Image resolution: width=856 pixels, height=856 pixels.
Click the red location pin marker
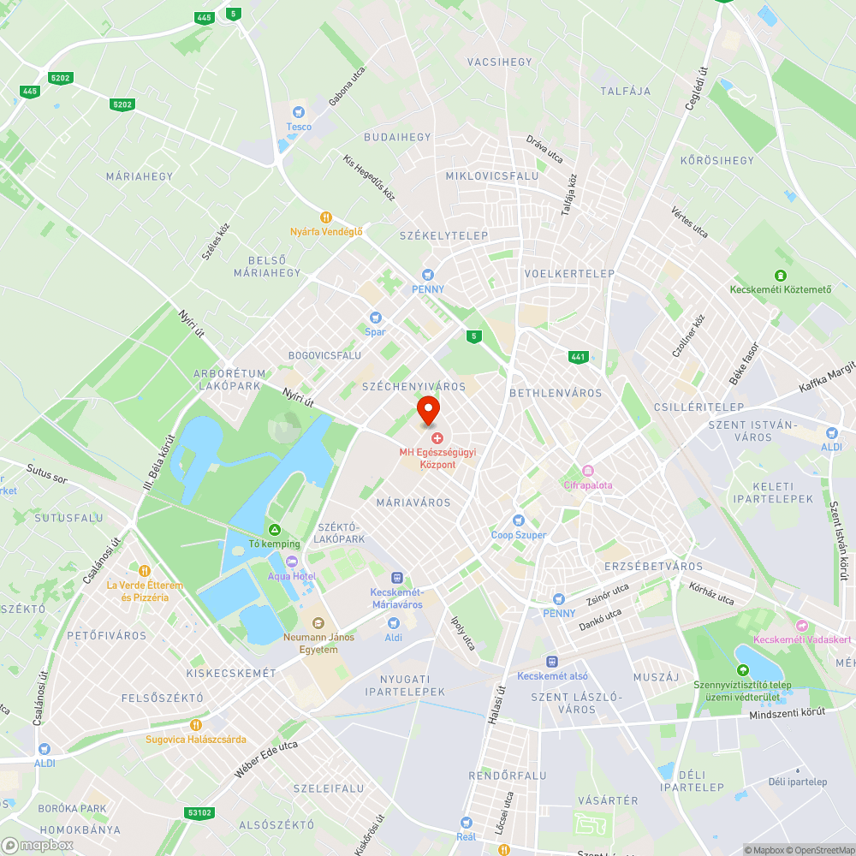[428, 408]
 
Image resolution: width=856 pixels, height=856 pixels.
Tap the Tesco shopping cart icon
[299, 111]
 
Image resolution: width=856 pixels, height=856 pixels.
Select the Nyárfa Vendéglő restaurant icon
[325, 217]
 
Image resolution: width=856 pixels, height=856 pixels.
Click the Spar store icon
[374, 318]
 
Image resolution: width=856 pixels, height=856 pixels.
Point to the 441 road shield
[579, 356]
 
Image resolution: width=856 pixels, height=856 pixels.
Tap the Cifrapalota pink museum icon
[588, 471]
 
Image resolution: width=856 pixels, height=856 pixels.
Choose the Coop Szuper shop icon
[518, 520]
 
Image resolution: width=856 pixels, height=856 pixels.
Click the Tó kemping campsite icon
[275, 530]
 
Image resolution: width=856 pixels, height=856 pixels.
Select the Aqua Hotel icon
[291, 562]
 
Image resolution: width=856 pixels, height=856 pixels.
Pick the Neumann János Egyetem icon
[318, 623]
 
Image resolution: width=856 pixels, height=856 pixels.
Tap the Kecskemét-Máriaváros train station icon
[396, 578]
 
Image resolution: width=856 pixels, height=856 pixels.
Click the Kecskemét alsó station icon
[552, 662]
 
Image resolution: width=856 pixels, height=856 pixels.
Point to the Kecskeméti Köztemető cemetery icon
[780, 275]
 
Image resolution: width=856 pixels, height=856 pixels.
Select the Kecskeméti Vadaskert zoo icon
[801, 626]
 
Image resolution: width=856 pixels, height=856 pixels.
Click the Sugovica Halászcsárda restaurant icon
[196, 725]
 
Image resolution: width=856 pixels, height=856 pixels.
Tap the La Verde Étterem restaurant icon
[145, 570]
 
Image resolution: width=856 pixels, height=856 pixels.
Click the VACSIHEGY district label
[499, 62]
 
